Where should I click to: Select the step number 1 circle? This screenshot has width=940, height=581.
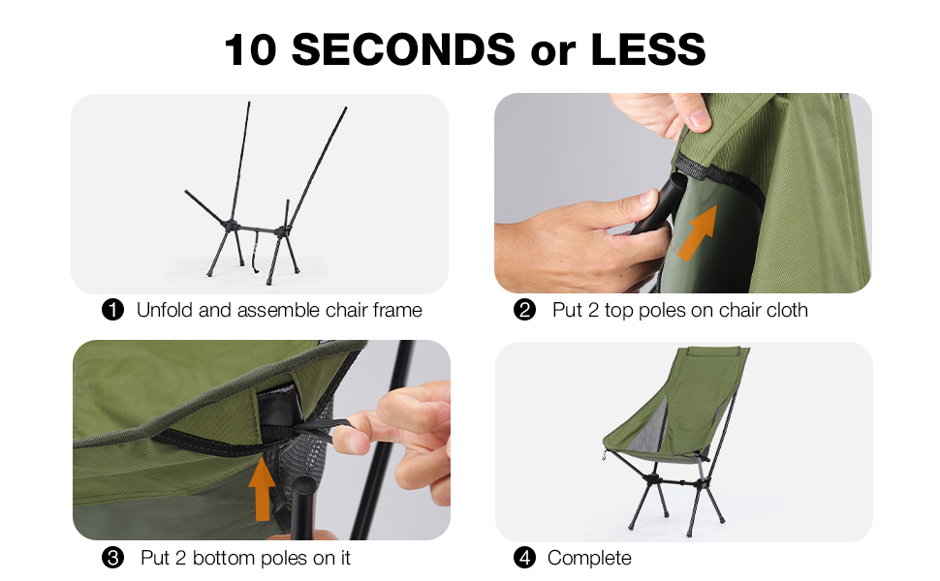(x=113, y=310)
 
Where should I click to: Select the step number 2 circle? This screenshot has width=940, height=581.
(x=524, y=310)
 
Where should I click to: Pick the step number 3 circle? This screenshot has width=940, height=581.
(x=113, y=558)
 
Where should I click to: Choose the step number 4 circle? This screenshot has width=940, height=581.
(x=524, y=558)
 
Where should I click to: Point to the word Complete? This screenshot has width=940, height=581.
(x=589, y=558)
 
